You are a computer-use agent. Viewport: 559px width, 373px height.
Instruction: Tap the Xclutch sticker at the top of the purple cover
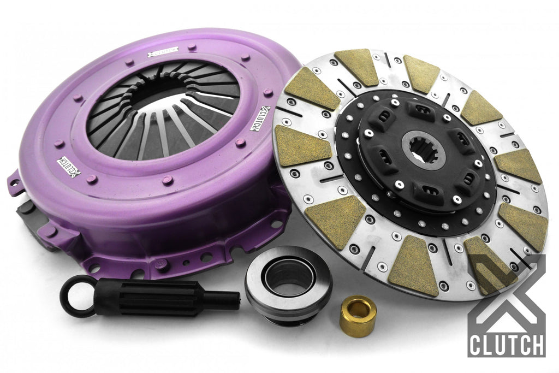point(163,52)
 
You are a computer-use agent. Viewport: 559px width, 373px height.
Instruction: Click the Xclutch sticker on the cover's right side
point(260,119)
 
